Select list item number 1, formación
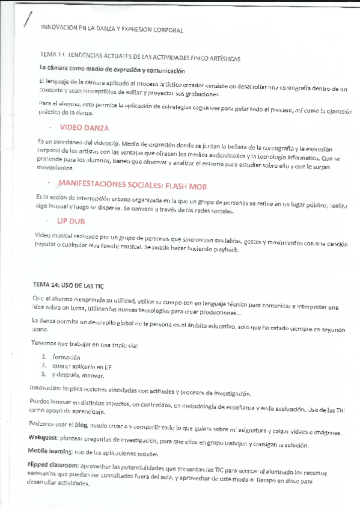coord(66,357)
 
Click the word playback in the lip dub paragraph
coord(226,250)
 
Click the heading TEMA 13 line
coord(140,58)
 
